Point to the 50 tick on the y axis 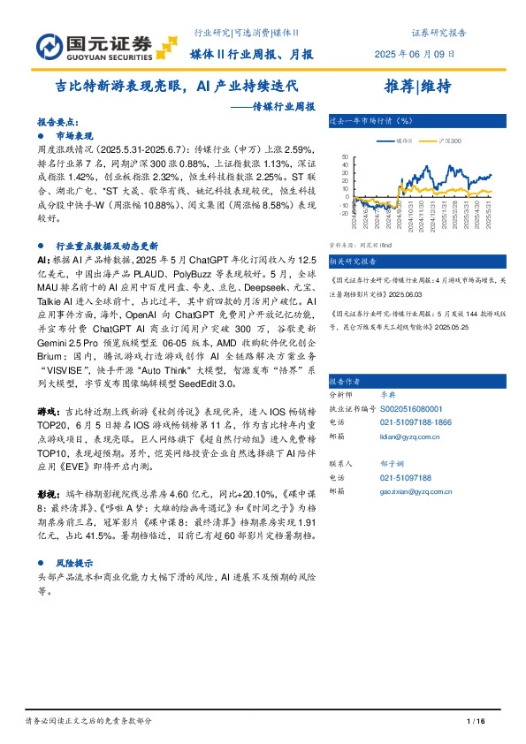pyautogui.click(x=344, y=157)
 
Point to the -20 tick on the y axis pyautogui.click(x=343, y=213)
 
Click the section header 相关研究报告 pyautogui.click(x=352, y=262)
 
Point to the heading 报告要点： pyautogui.click(x=58, y=125)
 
